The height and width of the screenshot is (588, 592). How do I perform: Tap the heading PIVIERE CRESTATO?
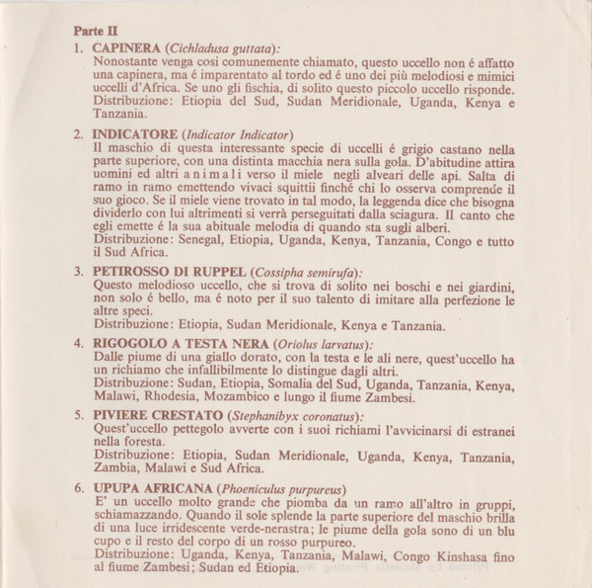pos(155,416)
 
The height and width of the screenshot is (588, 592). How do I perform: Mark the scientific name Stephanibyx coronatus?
pos(294,416)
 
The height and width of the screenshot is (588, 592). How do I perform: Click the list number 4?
pos(78,344)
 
